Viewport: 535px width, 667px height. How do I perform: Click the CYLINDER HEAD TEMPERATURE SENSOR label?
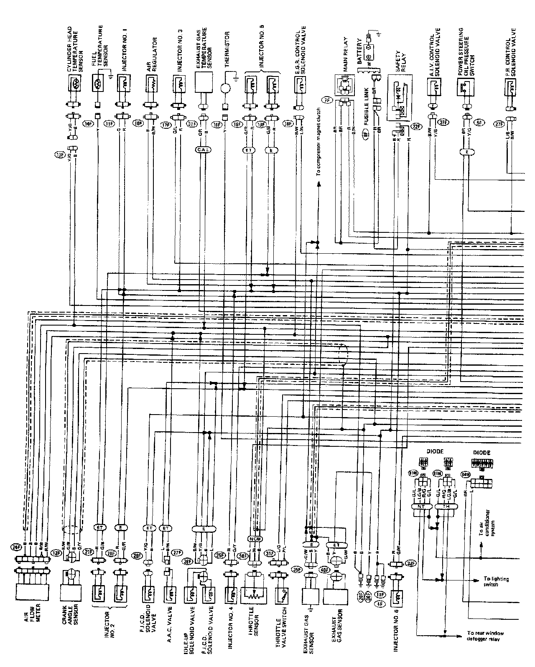point(76,48)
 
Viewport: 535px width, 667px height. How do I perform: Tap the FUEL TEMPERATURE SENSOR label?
point(100,46)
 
